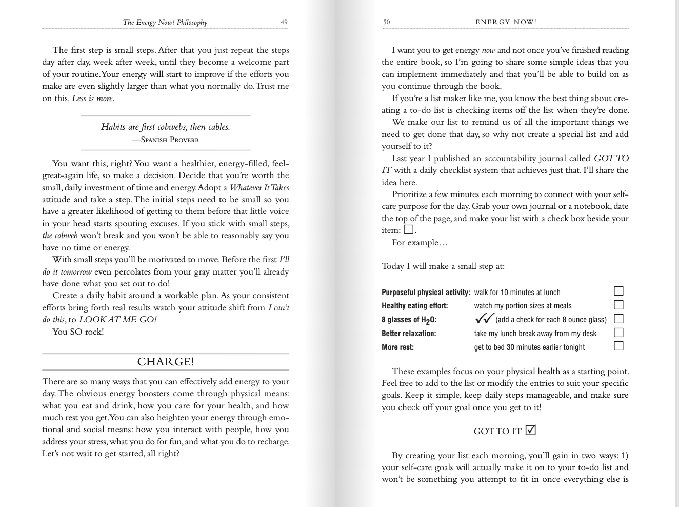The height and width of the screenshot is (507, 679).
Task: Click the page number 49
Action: [284, 22]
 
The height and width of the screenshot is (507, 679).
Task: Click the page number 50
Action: [386, 22]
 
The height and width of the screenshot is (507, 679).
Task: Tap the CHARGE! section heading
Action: [166, 362]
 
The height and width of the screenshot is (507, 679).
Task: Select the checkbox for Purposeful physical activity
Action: [618, 291]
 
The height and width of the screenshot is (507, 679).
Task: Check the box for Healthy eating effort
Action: [618, 305]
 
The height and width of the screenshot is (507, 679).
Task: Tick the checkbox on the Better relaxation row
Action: [618, 333]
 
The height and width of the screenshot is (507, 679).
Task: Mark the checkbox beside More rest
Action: [618, 346]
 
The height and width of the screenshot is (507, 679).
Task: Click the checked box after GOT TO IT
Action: [531, 430]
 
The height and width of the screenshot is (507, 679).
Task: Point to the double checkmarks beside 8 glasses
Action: [484, 319]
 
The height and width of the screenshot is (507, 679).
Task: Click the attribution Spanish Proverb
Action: [166, 140]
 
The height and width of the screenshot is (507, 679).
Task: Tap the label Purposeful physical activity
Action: [426, 292]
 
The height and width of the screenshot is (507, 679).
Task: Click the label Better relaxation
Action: [409, 334]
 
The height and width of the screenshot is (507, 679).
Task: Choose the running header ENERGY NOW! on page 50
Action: [506, 22]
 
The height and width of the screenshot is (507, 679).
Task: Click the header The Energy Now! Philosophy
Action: [165, 22]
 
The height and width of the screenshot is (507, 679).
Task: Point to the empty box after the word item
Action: [409, 230]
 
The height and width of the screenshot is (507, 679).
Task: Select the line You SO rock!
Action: [78, 332]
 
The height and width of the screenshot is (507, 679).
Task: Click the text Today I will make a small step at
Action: [443, 266]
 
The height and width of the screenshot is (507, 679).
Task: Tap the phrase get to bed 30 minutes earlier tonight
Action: [529, 347]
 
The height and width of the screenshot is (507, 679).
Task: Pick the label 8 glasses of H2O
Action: [409, 320]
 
